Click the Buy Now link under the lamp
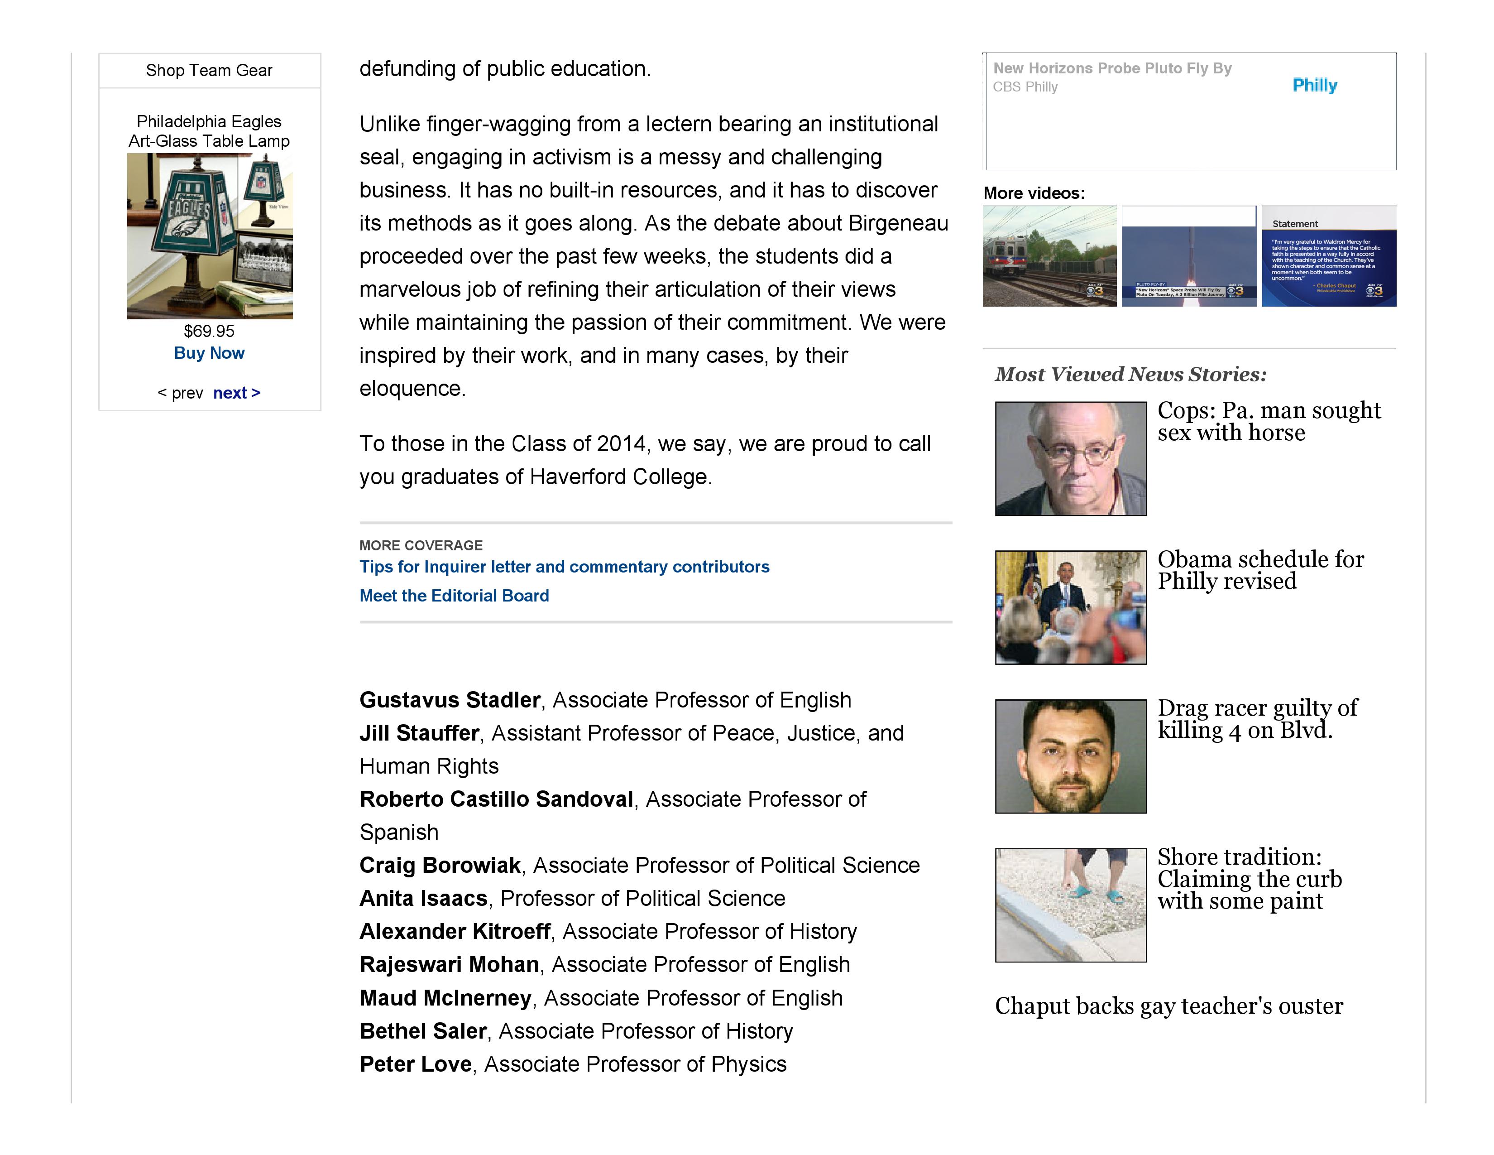[209, 353]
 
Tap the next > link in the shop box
[237, 393]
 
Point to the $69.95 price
[209, 331]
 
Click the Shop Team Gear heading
[209, 71]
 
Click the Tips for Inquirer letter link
[565, 567]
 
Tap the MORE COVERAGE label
[421, 545]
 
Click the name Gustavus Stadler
[450, 700]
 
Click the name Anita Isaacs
[423, 899]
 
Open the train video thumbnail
[1049, 256]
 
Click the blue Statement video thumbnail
[1328, 256]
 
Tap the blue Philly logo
[1315, 86]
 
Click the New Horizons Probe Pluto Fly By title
[1112, 68]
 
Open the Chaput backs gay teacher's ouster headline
[1169, 1006]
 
